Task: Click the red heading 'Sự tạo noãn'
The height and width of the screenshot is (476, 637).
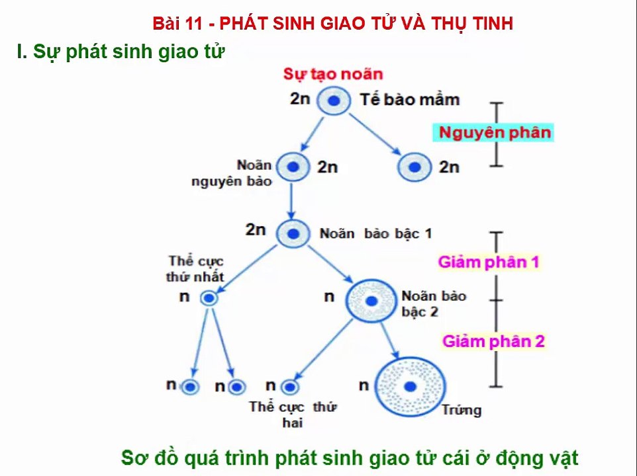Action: coord(333,74)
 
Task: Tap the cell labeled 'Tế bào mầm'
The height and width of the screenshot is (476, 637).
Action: coord(334,101)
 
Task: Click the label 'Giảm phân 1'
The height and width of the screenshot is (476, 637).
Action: coord(489,262)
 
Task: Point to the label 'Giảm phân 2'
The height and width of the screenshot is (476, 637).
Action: coord(493,341)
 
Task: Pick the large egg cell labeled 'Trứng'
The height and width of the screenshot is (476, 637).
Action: coord(411,387)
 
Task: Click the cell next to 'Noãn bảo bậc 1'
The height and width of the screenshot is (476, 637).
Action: coord(292,233)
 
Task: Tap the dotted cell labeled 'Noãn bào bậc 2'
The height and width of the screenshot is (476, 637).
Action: coord(371,301)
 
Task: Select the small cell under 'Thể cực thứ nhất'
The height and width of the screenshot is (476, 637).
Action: coord(209,298)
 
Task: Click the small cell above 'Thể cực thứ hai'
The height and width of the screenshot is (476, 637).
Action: coord(289,387)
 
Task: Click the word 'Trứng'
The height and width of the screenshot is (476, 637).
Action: coord(462,411)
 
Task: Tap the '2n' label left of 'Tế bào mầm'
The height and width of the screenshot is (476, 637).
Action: coord(300,99)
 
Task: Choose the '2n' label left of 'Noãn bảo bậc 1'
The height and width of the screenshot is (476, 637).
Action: coord(256,230)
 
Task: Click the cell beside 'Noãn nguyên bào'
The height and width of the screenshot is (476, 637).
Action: coord(292,167)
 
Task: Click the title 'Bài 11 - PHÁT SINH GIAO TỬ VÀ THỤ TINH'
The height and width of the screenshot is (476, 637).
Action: coord(333,24)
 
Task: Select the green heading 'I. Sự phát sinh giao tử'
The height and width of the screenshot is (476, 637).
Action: coord(121,52)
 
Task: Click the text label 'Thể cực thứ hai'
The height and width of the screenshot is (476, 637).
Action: coord(292,414)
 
